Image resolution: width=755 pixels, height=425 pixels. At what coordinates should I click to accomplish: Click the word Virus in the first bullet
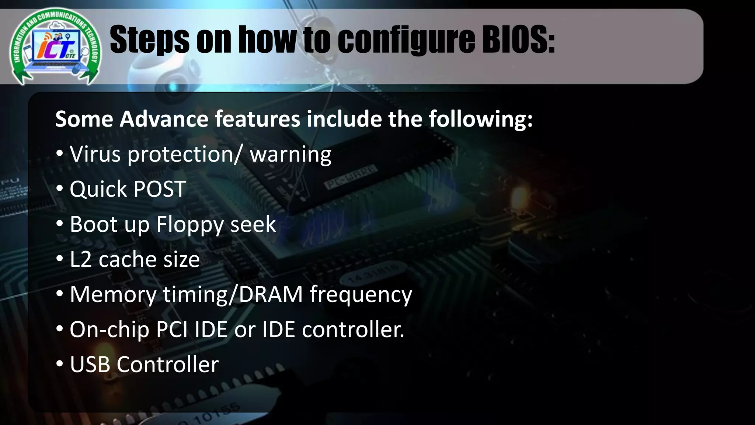95,154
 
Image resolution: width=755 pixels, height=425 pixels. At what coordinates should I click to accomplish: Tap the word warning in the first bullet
290,154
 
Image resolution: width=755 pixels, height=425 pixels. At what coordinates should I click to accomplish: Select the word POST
159,189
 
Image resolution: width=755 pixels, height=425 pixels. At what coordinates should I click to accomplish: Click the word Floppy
189,224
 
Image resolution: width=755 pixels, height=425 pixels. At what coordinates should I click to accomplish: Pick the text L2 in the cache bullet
80,259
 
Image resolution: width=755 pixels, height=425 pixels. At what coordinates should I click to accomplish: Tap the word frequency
361,295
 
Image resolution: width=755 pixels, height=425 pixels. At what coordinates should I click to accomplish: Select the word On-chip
109,329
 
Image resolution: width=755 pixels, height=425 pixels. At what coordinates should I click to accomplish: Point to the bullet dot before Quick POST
60,189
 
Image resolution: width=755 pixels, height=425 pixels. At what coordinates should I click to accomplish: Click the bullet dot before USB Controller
60,364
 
